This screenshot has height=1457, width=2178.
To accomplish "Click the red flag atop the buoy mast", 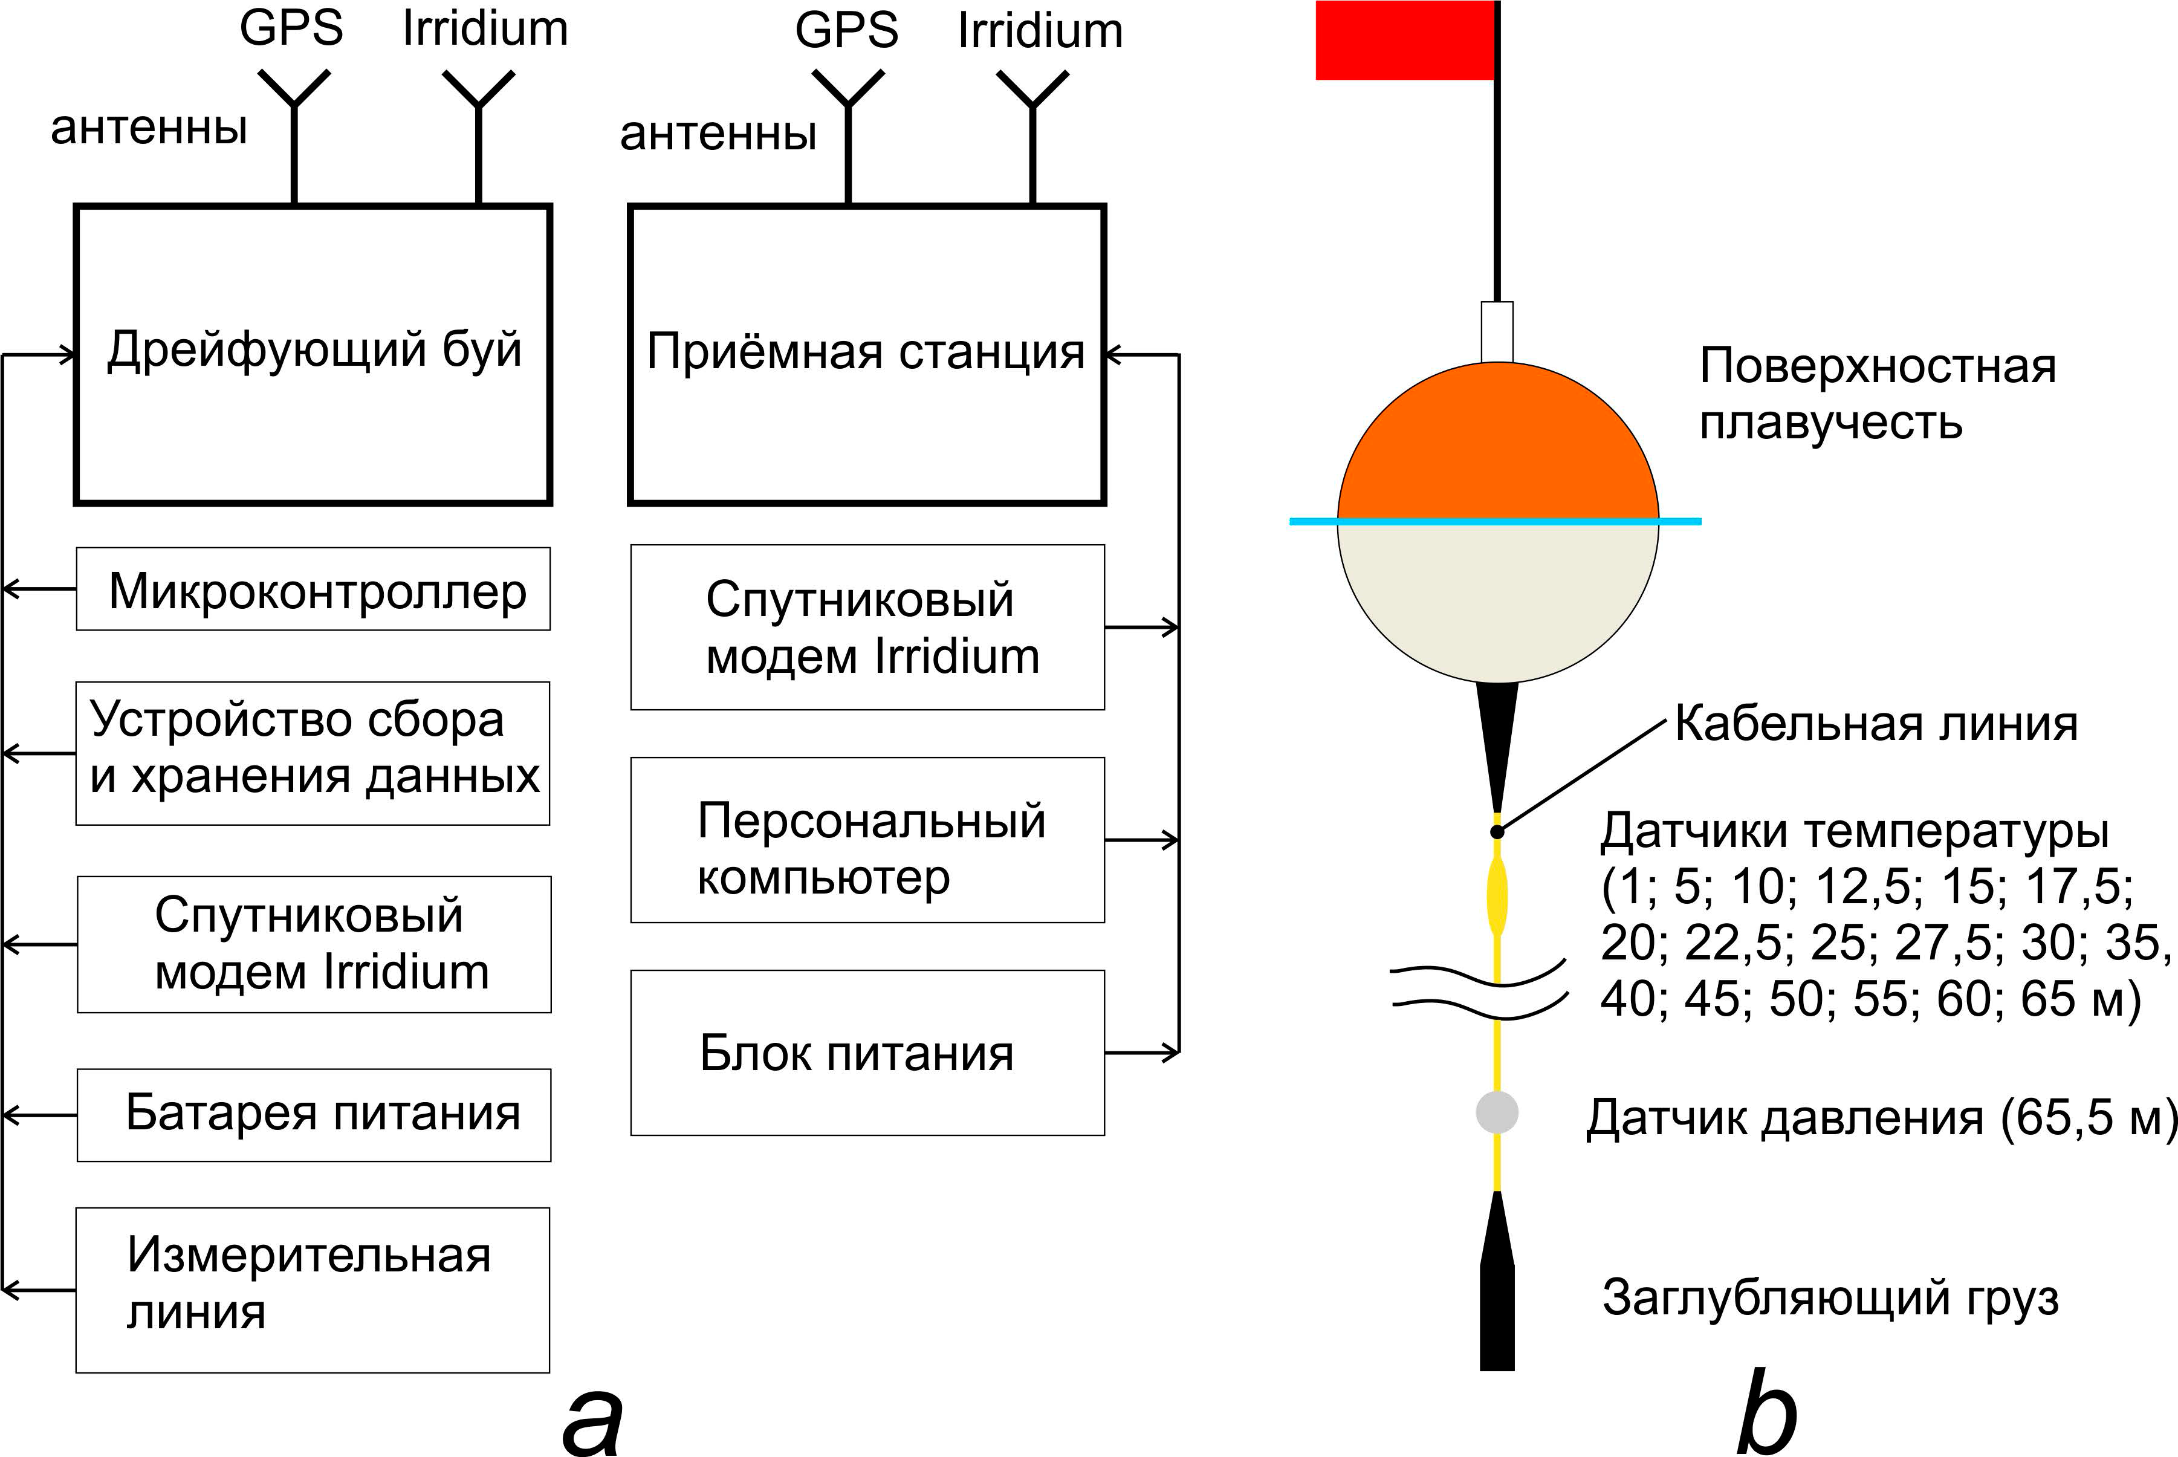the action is coord(1404,40).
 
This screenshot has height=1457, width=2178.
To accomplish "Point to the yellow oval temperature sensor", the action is coord(1497,897).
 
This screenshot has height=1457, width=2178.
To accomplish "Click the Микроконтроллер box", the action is coord(313,589).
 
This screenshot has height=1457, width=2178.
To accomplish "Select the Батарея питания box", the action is coord(314,1115).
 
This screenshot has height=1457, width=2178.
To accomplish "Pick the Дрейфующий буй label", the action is coord(314,349).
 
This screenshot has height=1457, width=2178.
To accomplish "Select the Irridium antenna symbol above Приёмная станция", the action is coord(1032,137).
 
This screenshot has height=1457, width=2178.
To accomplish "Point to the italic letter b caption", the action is coord(1768,1410).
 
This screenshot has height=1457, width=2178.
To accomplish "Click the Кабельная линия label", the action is coord(1876,724).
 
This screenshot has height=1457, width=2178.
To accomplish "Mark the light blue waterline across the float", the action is coord(1495,521).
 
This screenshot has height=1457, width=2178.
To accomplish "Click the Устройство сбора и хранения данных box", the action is coord(313,753).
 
